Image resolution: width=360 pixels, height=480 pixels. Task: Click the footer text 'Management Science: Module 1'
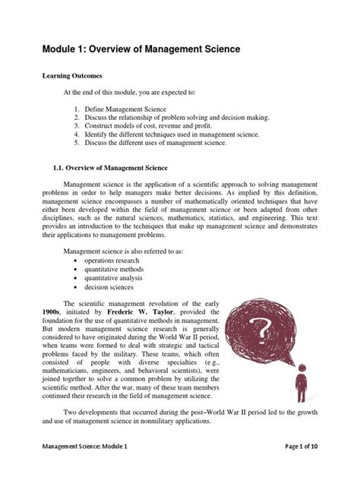(84, 469)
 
